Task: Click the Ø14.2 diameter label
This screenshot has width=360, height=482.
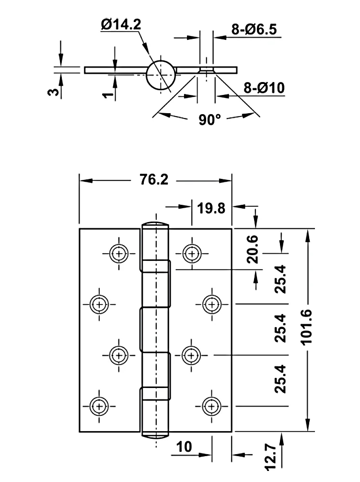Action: point(121,24)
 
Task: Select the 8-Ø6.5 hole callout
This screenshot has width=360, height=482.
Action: point(254,30)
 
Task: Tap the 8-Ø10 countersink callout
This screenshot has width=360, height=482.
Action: point(264,88)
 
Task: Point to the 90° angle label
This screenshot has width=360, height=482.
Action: point(210,119)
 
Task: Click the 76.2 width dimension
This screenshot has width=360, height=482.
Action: point(154,179)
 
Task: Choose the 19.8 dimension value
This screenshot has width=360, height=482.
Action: point(211,209)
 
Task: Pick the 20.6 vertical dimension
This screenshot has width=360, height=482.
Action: point(253,249)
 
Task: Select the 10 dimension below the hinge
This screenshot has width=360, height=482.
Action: point(184,447)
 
